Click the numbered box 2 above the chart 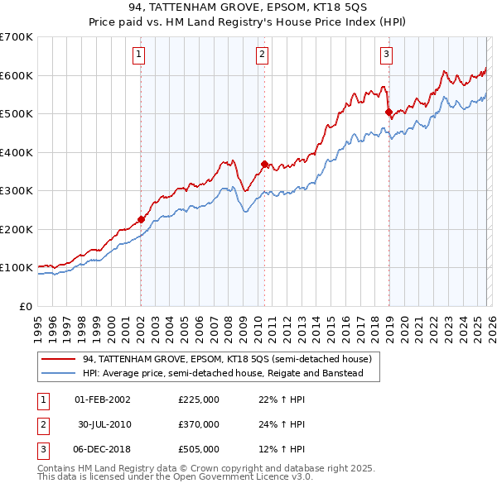point(262,55)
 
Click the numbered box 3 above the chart point(386,55)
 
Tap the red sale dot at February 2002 point(141,219)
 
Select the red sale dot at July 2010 point(264,164)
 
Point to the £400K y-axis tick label point(16,152)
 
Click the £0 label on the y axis point(25,306)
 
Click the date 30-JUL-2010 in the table point(104,424)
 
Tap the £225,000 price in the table point(198,399)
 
